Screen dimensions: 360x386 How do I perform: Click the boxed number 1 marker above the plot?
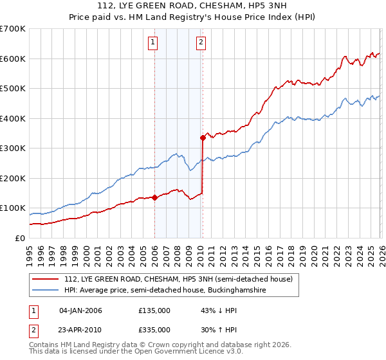[154, 43]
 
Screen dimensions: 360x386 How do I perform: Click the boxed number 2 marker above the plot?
[201, 43]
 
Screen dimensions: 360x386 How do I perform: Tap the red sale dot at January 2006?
[154, 197]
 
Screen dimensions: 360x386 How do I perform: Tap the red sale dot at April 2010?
[203, 138]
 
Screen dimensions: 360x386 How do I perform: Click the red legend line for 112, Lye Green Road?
[46, 279]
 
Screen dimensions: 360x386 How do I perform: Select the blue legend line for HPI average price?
[46, 291]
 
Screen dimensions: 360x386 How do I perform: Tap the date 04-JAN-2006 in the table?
[80, 310]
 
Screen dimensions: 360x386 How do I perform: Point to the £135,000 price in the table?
[154, 310]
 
